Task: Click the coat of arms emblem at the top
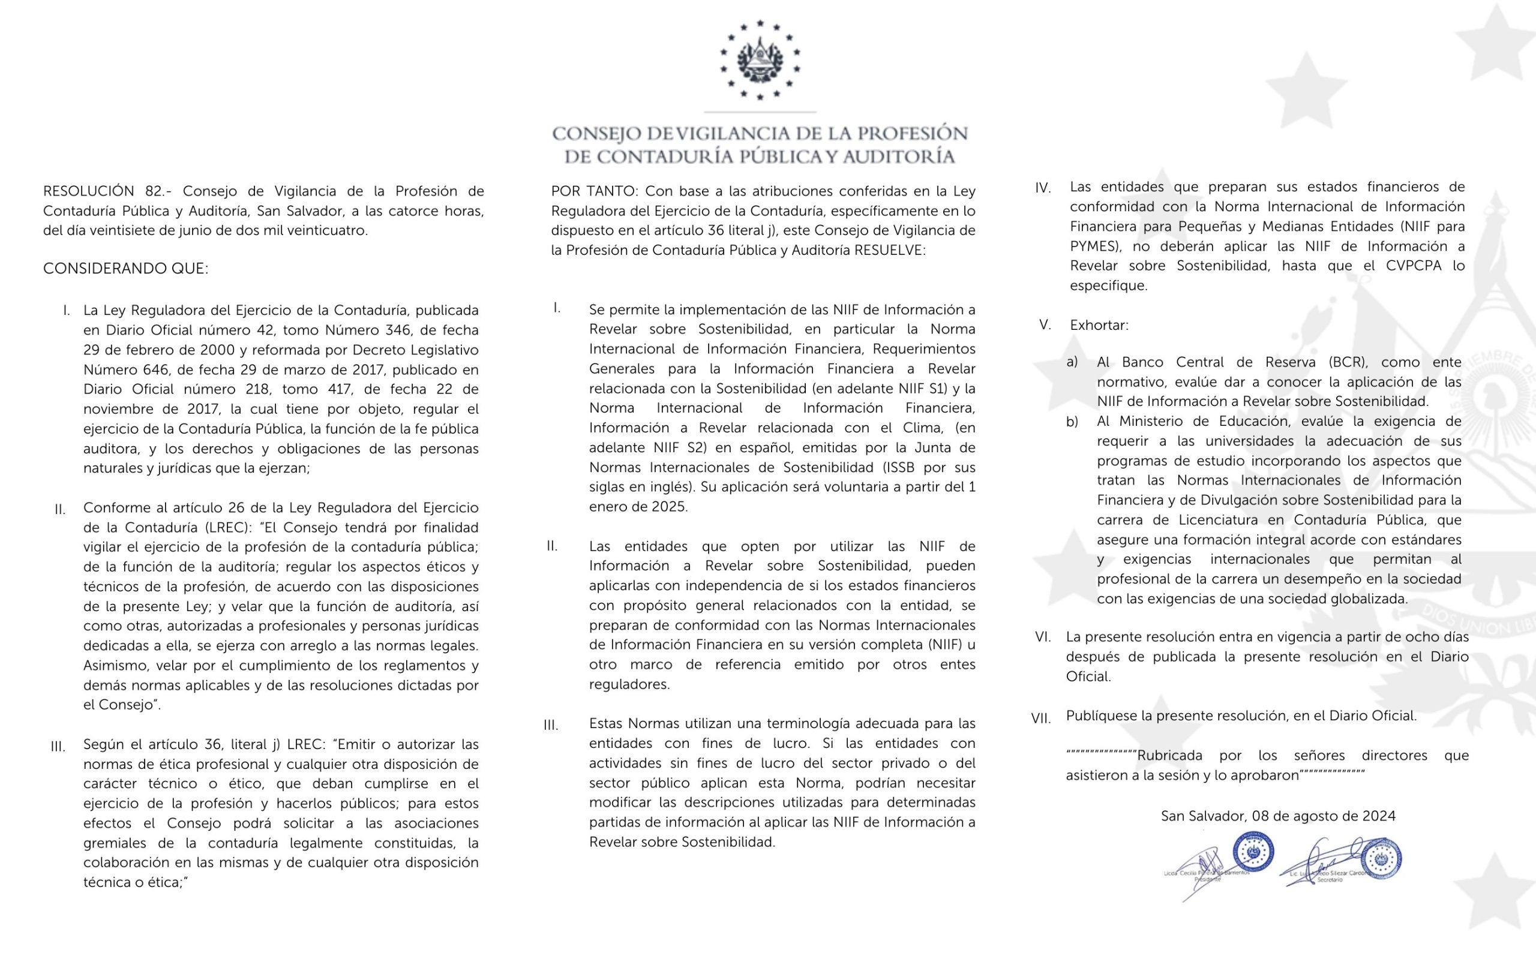(760, 61)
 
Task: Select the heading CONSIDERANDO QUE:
(125, 269)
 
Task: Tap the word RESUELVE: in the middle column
(889, 250)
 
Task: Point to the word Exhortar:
(1099, 325)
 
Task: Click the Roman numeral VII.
(1041, 719)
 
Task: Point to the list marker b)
(1072, 422)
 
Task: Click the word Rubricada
(1170, 756)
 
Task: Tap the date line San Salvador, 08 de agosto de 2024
(1277, 816)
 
